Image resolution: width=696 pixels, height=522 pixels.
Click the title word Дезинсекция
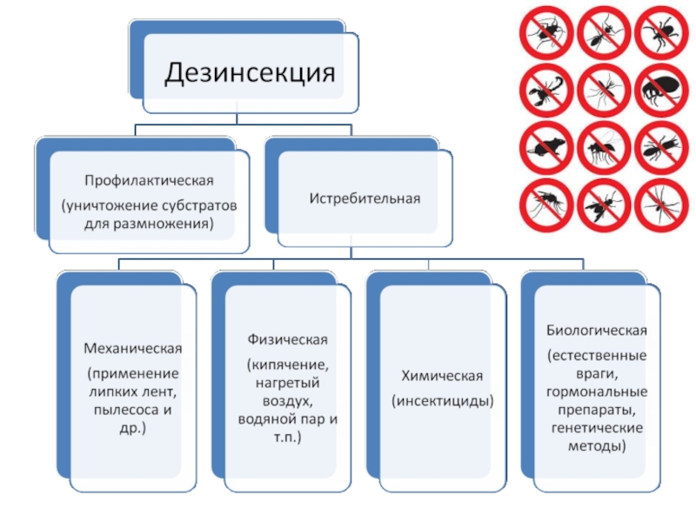[x=251, y=70]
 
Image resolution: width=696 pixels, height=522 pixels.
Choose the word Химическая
[x=442, y=376]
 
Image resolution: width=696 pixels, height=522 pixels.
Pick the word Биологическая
[x=597, y=331]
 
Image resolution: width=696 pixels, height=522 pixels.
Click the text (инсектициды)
[x=442, y=401]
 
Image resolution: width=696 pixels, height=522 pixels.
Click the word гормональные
[x=597, y=394]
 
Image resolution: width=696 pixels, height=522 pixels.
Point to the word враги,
[x=597, y=375]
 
